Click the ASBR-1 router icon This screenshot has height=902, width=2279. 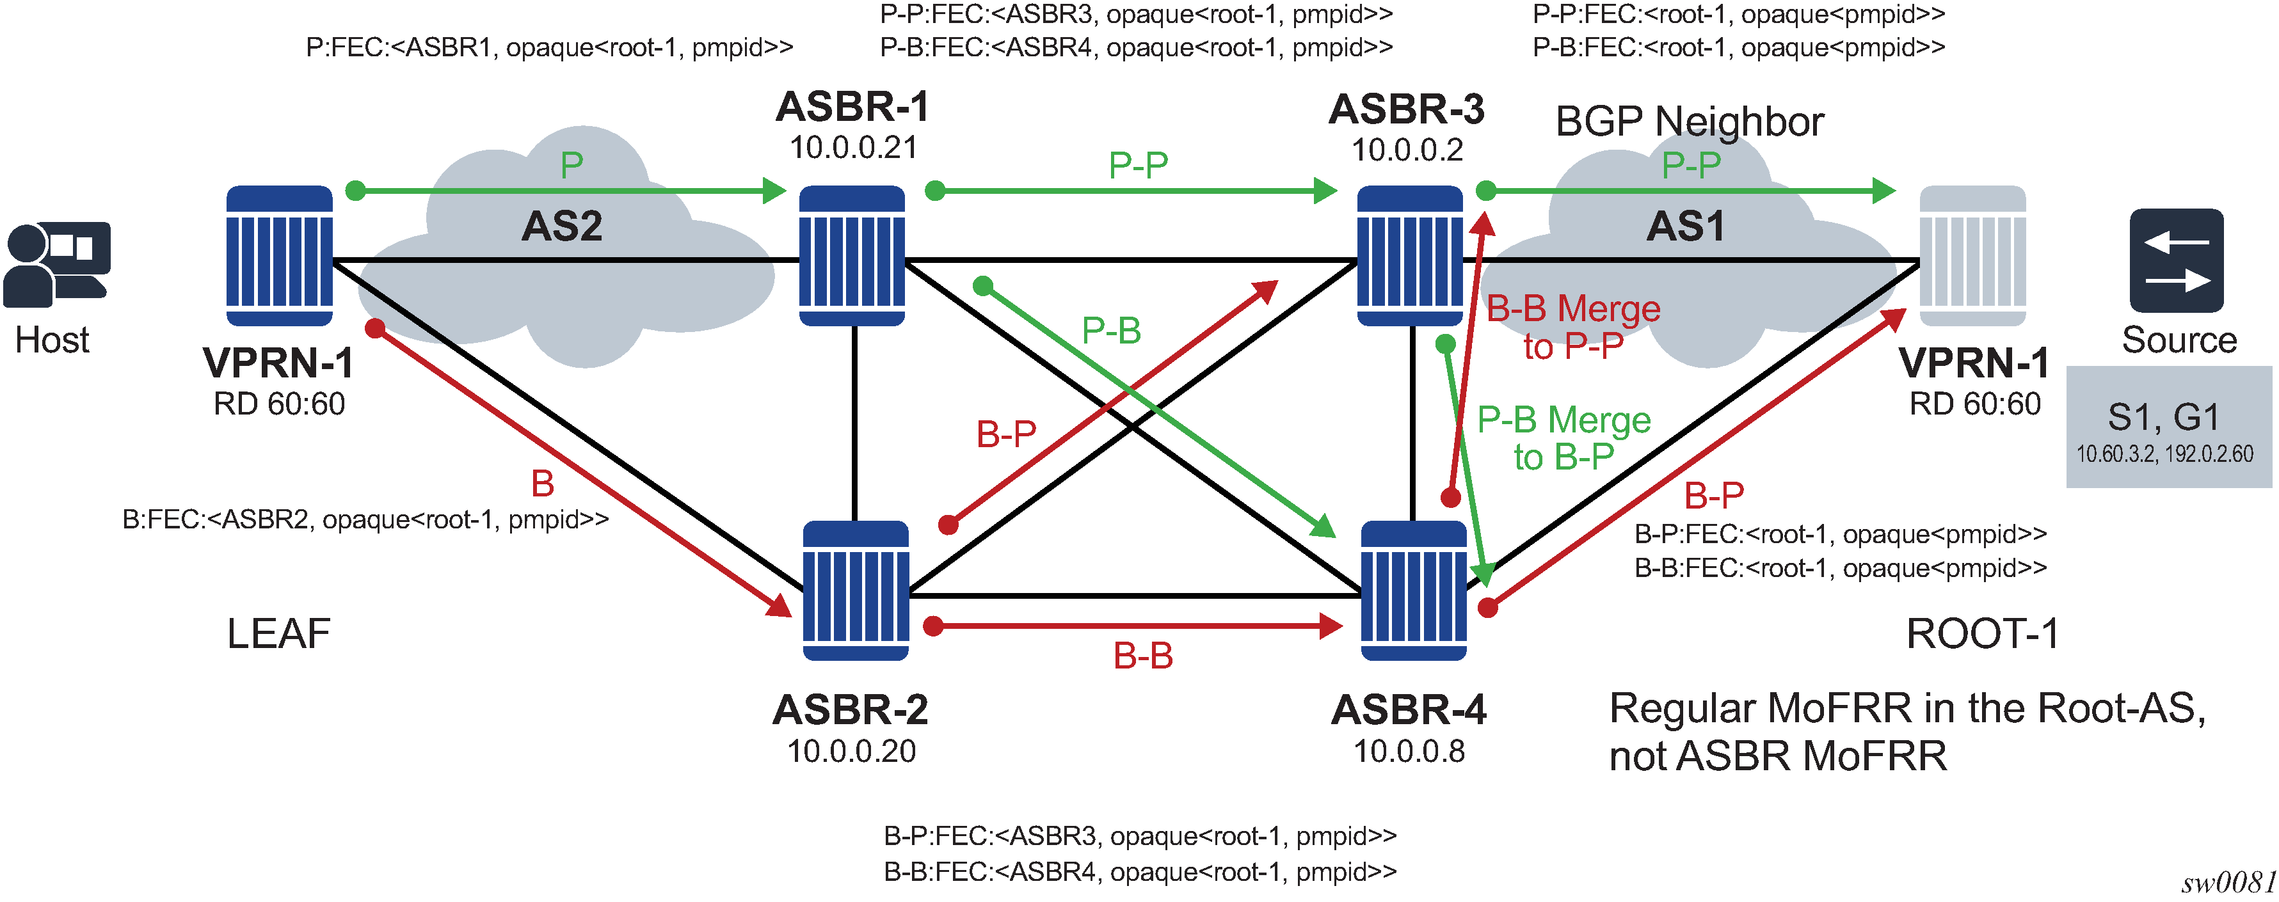point(851,256)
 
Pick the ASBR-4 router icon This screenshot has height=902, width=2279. point(1413,590)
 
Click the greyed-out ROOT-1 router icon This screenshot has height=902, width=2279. point(1972,256)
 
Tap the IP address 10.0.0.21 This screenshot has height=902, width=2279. point(853,148)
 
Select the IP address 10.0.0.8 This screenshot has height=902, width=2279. point(1409,752)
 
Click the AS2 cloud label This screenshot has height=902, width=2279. point(562,226)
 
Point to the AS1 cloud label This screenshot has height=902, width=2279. point(1684,226)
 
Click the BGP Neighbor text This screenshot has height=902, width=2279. point(1689,122)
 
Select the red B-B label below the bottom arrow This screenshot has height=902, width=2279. point(1142,656)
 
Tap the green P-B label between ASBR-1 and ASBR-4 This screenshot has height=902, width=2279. point(1111,331)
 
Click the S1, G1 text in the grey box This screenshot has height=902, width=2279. point(2163,416)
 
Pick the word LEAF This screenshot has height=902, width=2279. point(278,634)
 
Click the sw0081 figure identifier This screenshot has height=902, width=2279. point(2228,883)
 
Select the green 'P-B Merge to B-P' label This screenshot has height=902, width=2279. point(1563,438)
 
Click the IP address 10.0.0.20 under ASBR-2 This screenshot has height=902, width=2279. point(851,752)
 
